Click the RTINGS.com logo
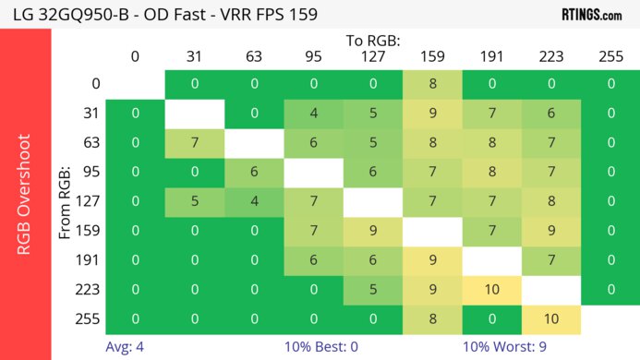point(591,14)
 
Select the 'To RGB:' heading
point(374,41)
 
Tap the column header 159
point(432,56)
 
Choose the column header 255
point(610,56)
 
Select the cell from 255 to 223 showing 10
point(550,320)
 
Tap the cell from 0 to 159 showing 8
point(432,84)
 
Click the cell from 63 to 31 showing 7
point(195,143)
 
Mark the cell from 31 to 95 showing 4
point(313,114)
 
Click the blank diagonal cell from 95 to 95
point(313,173)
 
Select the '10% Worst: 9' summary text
point(517,347)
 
